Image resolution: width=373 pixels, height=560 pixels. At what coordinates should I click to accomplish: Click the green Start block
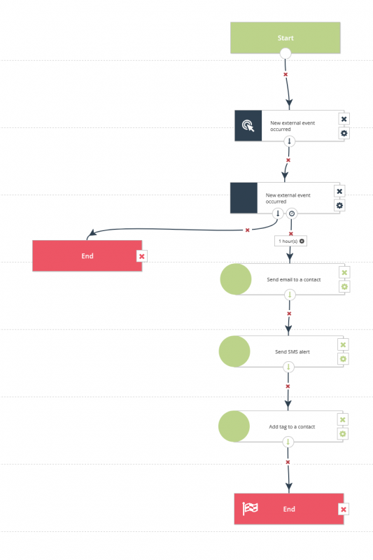[286, 38]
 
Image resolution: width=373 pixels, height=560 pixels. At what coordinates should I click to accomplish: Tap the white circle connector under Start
[286, 54]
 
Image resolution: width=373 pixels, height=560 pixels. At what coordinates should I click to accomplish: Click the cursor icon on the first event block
[248, 126]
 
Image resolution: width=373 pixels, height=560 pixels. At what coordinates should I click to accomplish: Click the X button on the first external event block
[344, 119]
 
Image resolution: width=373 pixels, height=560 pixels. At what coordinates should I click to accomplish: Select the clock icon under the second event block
[292, 213]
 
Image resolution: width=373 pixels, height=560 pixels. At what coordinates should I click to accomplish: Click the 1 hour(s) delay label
[290, 241]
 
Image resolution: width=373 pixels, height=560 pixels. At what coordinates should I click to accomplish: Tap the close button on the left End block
[141, 256]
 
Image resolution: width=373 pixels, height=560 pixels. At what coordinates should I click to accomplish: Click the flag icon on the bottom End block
[251, 508]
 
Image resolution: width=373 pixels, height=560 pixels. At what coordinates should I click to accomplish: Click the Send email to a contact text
[294, 279]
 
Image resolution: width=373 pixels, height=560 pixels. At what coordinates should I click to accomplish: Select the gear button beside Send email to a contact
[344, 287]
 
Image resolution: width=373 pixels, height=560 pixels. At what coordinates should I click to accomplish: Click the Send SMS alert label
[293, 352]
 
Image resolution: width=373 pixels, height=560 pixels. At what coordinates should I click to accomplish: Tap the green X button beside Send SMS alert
[343, 344]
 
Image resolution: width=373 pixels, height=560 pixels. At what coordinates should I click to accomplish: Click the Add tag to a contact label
[292, 427]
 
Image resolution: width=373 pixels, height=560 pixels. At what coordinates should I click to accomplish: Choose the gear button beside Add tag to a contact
[343, 434]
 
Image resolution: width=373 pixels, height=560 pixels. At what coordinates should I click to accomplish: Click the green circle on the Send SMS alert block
[234, 351]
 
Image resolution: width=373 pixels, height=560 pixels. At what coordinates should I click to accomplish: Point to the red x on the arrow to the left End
[247, 230]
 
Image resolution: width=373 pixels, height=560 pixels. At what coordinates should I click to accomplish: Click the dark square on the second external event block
[244, 198]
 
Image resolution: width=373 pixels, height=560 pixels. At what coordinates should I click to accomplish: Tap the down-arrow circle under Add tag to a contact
[288, 442]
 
